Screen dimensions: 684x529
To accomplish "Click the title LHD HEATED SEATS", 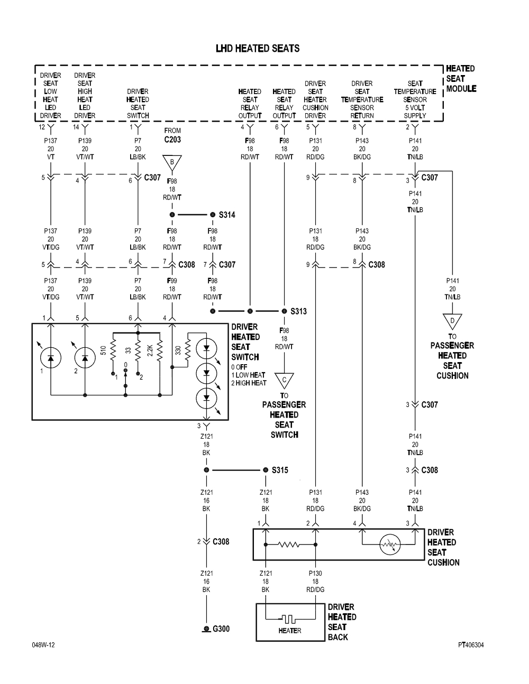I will pos(258,49).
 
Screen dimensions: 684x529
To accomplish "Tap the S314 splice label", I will pos(226,215).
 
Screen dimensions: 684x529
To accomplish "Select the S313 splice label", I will pos(298,311).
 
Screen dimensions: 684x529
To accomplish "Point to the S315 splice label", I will pos(280,470).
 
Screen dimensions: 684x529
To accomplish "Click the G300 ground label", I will pos(221,629).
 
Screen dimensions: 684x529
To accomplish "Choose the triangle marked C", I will pos(284,380).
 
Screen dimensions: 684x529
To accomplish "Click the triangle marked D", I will pos(452,320).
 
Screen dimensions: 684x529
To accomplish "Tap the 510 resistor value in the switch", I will pos(104,350).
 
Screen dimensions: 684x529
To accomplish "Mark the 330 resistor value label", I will pos(178,350).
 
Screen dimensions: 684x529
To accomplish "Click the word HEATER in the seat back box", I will pos(289,631).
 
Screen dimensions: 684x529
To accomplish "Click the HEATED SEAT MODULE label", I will pos(461,78).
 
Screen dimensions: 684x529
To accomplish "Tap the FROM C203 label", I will pos(172,135).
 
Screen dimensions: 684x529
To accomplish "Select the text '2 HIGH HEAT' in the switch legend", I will pos(249,383).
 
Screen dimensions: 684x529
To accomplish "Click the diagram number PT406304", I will pos(471,645).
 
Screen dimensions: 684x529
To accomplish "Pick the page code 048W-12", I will pos(43,645).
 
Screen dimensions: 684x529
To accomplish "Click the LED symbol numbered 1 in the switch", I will pos(51,357).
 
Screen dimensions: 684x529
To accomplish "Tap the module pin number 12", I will pos(41,127).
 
